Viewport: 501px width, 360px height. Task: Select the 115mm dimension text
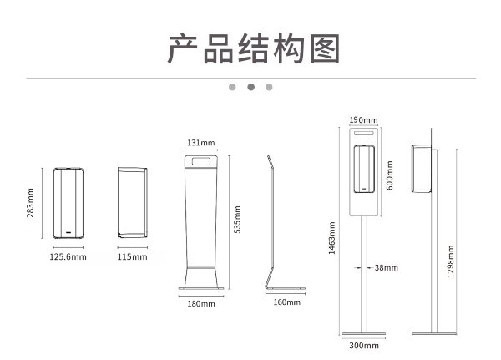click(x=133, y=257)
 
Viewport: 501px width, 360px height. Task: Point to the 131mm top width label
click(x=201, y=142)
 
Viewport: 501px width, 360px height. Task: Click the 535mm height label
click(x=238, y=221)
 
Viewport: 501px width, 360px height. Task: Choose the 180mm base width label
click(x=201, y=304)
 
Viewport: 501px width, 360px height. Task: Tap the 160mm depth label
click(x=286, y=302)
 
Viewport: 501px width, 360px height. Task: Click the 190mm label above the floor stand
click(x=364, y=119)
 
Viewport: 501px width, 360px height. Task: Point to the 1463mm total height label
click(x=331, y=237)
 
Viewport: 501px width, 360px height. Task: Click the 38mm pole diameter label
click(x=386, y=268)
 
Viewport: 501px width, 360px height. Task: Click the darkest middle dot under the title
click(x=250, y=86)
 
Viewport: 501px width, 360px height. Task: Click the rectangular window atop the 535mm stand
click(x=201, y=160)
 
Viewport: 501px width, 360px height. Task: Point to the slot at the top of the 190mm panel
click(x=364, y=132)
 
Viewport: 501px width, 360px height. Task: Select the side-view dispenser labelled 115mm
click(x=133, y=203)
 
